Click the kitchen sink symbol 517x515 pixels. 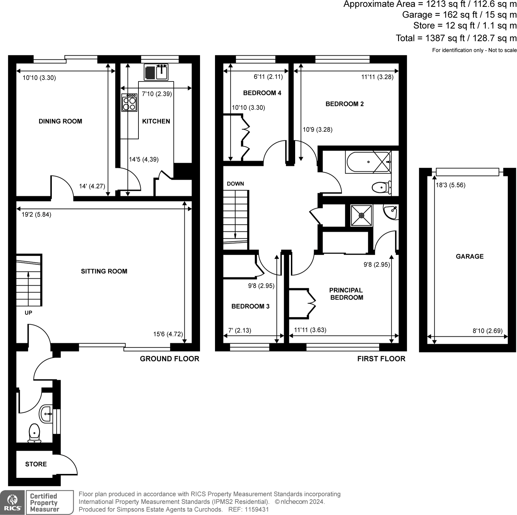[156, 72]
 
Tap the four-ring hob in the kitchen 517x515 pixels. [129, 103]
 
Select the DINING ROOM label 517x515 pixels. [60, 121]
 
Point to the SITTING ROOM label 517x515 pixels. [104, 271]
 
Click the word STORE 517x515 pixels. [36, 464]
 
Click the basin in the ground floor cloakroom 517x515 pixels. [46, 414]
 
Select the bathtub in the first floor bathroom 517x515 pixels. [368, 162]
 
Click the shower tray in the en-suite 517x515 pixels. [361, 215]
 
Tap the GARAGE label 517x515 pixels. [469, 256]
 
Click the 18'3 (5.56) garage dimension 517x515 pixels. [451, 185]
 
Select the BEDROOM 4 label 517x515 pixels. [262, 93]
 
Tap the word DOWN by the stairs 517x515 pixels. [235, 184]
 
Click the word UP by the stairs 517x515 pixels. [28, 313]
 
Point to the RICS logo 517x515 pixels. [12, 502]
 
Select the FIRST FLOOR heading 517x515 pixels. [381, 359]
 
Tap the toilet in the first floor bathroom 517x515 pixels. [380, 187]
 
